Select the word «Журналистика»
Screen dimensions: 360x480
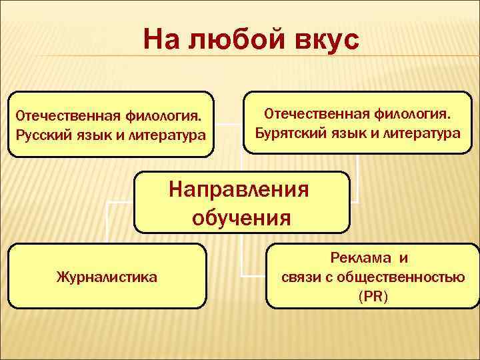tap(108, 276)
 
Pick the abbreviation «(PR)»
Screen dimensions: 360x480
tap(372, 295)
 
